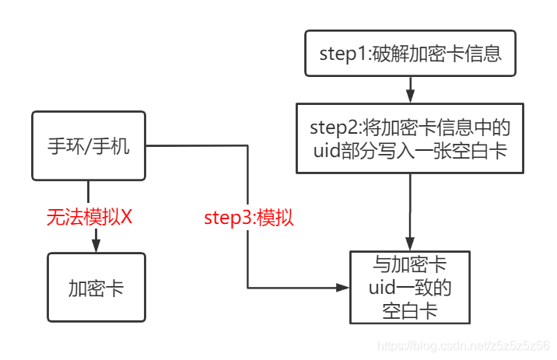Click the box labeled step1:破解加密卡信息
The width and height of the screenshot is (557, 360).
pos(411,54)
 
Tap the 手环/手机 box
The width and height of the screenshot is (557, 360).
pos(89,145)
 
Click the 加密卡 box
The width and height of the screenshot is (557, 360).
pos(96,288)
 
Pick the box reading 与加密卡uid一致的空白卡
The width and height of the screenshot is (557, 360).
pos(410,287)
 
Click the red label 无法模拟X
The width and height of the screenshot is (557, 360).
pos(89,217)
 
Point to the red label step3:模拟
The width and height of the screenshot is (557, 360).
pos(249,218)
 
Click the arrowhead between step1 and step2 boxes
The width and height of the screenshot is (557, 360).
pos(411,97)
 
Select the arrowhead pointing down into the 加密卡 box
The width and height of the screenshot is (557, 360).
pos(96,246)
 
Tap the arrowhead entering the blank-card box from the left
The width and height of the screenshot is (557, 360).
pos(342,288)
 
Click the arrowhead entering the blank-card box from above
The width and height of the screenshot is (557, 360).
pos(410,244)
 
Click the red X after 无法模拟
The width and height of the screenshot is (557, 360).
pos(127,217)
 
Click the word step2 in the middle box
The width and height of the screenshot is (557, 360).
pos(332,127)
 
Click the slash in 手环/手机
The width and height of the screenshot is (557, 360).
pos(89,146)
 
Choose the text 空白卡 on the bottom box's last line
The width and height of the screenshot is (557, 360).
pos(410,310)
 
